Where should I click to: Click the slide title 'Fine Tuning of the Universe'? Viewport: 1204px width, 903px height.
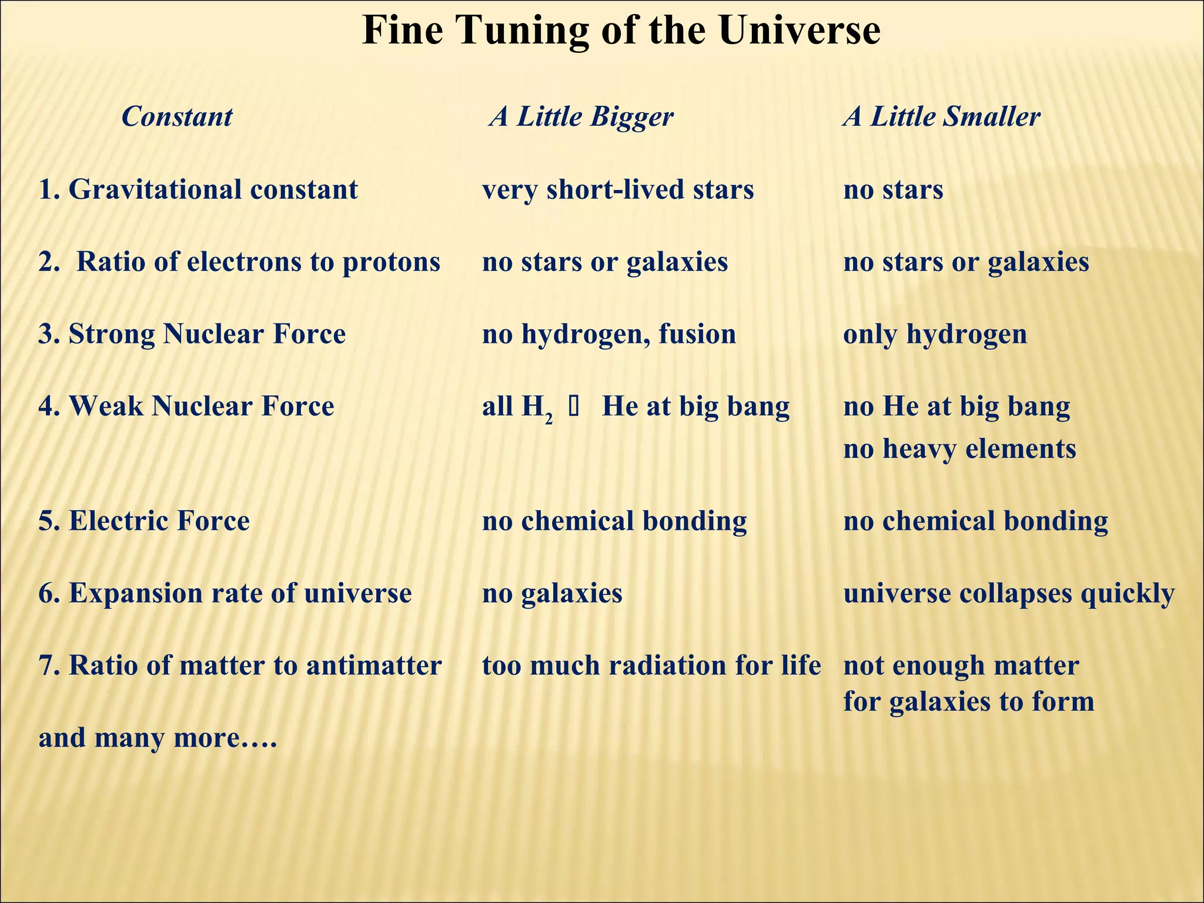tap(621, 31)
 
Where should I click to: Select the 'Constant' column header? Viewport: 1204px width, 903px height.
tap(177, 116)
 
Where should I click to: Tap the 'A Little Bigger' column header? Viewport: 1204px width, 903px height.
tap(581, 116)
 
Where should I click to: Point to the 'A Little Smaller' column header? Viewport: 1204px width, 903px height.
tap(941, 116)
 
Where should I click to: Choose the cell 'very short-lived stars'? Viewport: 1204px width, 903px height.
tap(617, 189)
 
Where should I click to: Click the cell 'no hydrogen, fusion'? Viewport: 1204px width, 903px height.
tap(608, 334)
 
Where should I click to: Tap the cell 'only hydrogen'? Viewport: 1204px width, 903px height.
tap(935, 334)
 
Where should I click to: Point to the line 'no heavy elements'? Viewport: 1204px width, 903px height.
tap(959, 449)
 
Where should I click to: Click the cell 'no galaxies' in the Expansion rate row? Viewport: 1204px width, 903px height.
tap(552, 593)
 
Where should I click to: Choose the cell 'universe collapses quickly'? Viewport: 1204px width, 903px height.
tap(1009, 593)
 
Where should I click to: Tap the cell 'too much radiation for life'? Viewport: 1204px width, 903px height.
tap(651, 665)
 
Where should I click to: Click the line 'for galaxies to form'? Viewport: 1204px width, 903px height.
tap(969, 701)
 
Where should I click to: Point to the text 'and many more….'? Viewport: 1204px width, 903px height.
tap(158, 738)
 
